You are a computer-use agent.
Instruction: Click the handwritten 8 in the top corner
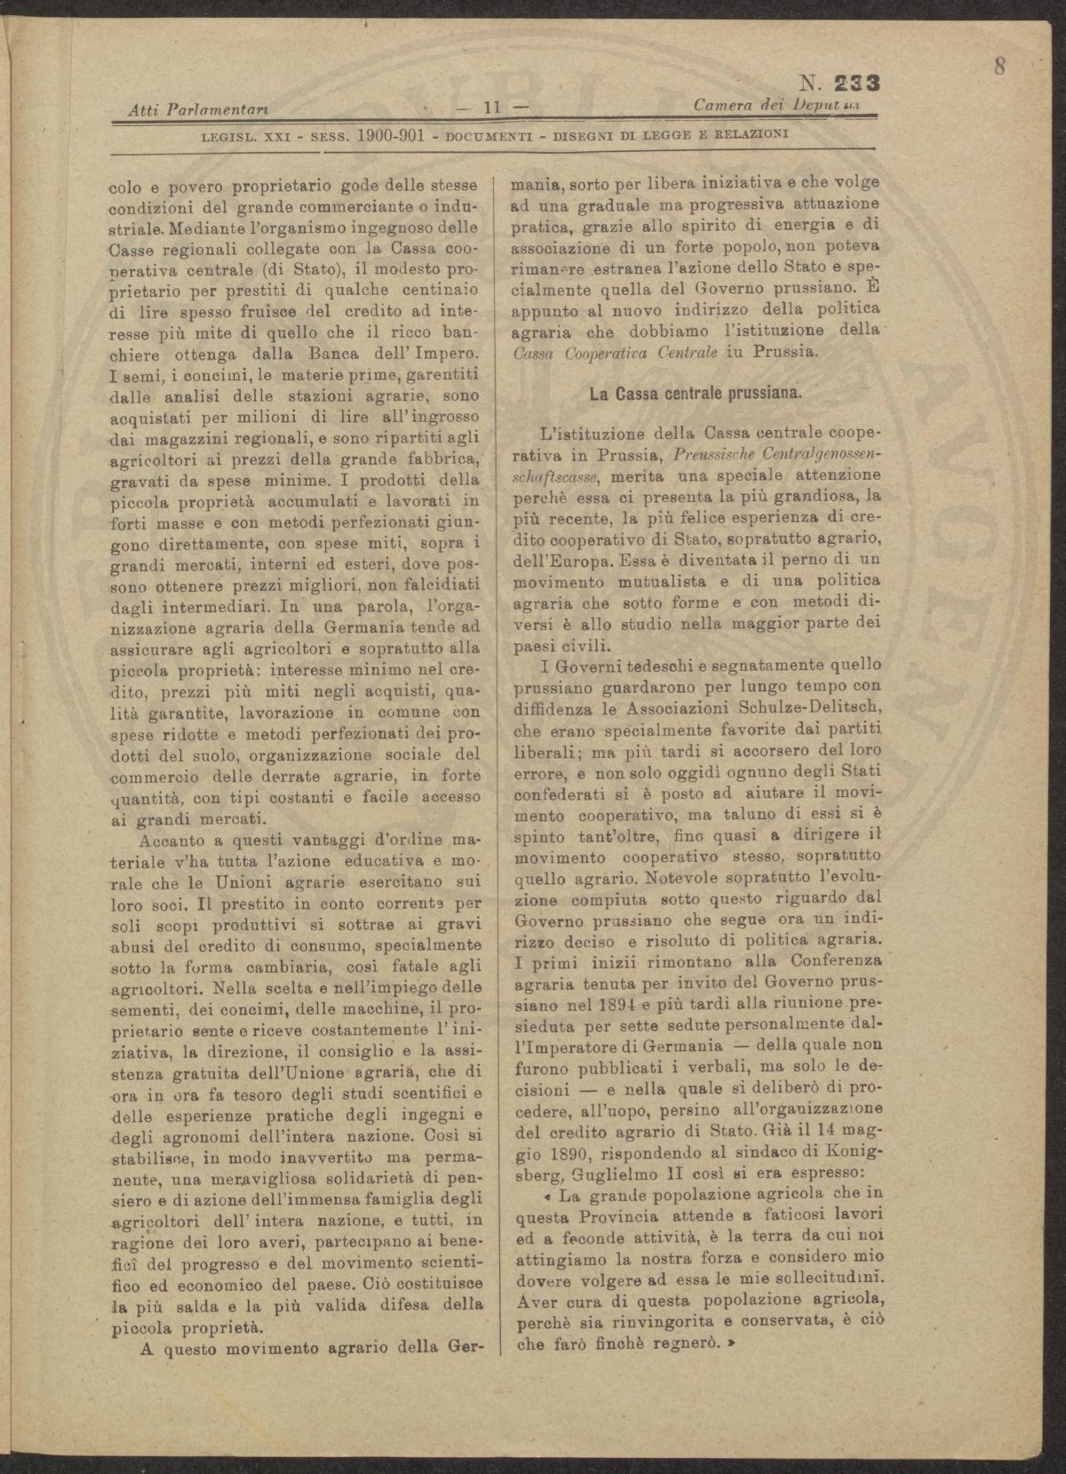point(1000,68)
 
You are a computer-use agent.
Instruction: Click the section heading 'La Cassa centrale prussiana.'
point(696,393)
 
